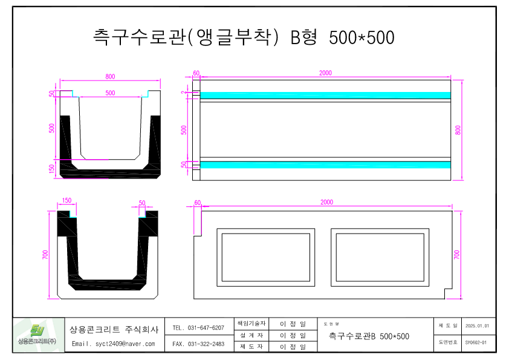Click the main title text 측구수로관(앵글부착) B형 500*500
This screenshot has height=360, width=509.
[244, 38]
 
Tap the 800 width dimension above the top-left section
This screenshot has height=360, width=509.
[110, 77]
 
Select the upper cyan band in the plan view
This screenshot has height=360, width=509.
[325, 95]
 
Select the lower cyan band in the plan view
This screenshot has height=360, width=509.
[325, 165]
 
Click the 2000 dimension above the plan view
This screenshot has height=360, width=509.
[325, 73]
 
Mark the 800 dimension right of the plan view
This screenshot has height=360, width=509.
[458, 129]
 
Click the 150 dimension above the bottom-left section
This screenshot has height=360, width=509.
[66, 200]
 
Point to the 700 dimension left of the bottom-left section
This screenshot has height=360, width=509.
[45, 255]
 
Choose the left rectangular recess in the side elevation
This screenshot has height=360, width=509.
[266, 257]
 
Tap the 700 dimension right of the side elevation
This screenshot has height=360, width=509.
[458, 255]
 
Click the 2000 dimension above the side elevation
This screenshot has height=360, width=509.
[326, 203]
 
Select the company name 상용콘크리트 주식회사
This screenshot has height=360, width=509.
[114, 330]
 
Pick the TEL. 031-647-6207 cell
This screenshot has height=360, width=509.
[198, 328]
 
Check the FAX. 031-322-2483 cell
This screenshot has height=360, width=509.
[198, 344]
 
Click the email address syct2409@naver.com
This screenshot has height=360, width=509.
[114, 344]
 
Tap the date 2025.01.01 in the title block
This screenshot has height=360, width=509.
[477, 326]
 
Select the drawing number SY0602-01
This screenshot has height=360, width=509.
[476, 342]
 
